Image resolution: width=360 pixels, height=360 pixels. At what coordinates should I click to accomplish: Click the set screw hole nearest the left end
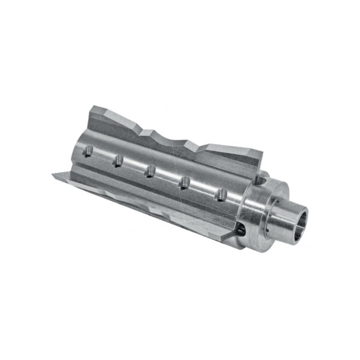point(88,150)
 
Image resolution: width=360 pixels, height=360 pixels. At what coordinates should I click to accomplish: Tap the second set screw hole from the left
point(118,160)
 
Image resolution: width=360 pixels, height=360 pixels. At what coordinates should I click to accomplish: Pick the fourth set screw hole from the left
point(184,182)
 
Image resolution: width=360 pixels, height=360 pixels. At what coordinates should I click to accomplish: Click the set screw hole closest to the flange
point(220,194)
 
